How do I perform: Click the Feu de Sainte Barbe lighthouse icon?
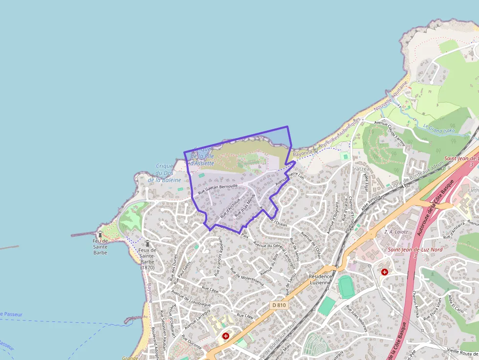100,234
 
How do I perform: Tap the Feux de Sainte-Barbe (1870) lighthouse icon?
147,243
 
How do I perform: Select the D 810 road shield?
279,305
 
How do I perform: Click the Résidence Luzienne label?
320,279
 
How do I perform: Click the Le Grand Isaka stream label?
439,129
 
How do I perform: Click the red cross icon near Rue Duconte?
226,336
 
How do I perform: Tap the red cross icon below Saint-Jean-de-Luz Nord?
385,272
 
